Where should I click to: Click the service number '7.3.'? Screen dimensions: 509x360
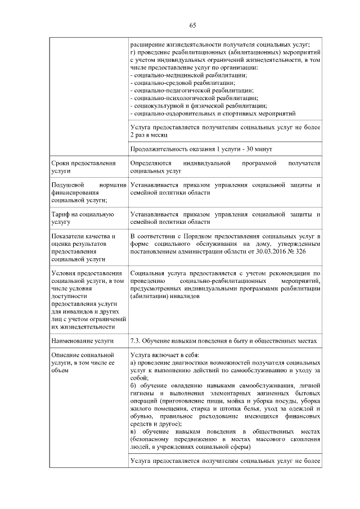tap(135, 340)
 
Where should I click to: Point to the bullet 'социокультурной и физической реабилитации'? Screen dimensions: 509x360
tap(197, 105)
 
